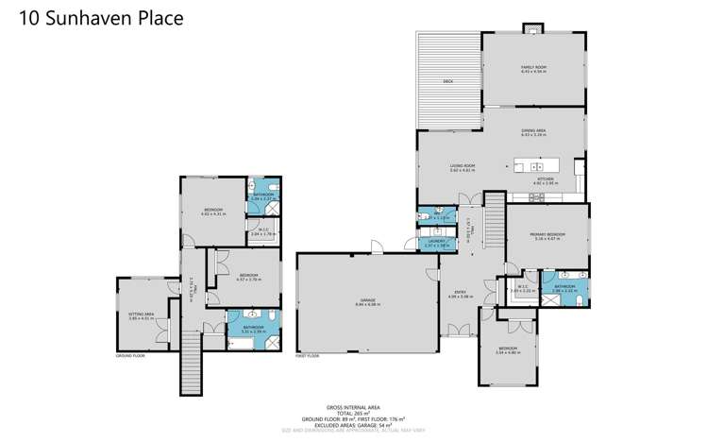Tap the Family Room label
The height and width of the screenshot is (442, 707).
coord(534,68)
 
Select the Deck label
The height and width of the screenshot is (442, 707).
coord(448,82)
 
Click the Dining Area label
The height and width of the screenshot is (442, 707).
coord(534,132)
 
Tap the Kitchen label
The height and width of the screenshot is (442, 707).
coord(547,180)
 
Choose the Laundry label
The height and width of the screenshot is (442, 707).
coord(435,243)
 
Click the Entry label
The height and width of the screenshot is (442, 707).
coord(460,294)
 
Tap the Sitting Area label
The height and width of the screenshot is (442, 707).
coord(141,316)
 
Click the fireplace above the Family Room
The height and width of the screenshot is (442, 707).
coord(534,28)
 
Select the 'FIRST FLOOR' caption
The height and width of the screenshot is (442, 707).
coord(308,356)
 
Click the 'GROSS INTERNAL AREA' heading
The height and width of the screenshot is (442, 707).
coord(353,406)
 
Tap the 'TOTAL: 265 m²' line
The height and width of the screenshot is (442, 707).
coord(353,413)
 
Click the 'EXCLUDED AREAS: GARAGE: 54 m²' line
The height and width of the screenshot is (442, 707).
coord(353,424)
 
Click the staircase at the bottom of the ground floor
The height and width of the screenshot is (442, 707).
coord(192,367)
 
